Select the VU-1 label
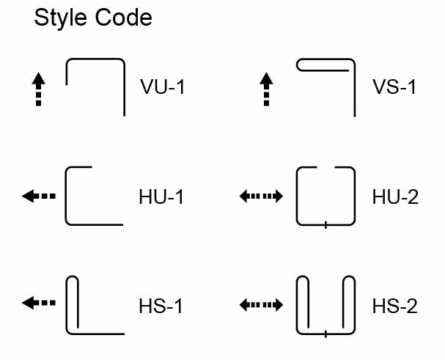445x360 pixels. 163,88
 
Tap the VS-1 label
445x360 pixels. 394,88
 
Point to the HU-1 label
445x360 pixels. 161,197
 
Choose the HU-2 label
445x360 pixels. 394,197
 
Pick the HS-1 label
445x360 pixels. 161,306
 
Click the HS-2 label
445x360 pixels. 394,306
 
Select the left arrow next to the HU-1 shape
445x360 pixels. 39,196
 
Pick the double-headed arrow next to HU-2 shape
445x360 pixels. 262,196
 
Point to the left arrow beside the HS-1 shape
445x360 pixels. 39,303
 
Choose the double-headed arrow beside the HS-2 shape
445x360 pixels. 262,303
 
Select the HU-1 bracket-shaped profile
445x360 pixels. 68,196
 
